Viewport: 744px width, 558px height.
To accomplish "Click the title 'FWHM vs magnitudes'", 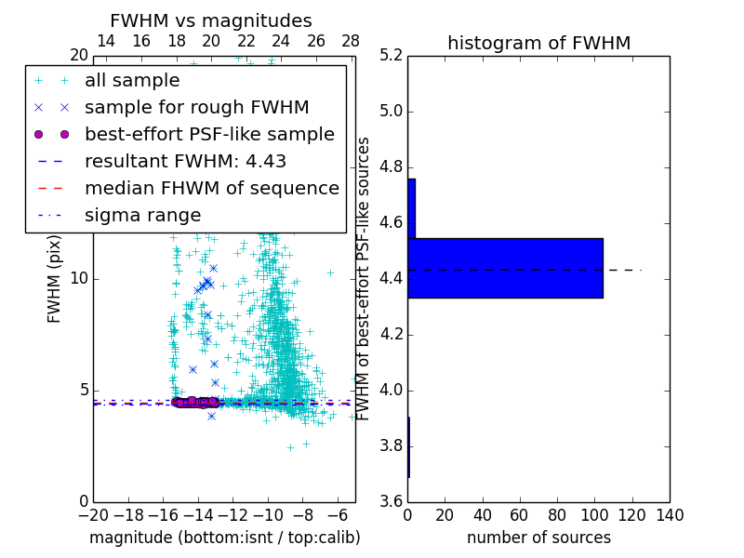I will click(x=211, y=20).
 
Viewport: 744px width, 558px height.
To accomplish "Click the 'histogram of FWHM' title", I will click(x=538, y=43).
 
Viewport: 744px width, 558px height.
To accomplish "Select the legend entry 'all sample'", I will click(x=132, y=81).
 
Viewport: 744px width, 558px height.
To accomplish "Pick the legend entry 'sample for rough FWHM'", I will click(x=196, y=107).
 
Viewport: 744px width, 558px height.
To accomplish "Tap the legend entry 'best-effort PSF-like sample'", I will click(x=209, y=134).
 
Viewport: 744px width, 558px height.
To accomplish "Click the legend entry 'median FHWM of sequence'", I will click(x=211, y=188).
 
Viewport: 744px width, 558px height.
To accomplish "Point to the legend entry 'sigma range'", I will click(x=142, y=215).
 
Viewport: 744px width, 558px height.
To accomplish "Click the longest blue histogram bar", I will click(x=505, y=268).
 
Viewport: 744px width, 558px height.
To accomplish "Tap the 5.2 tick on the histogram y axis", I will click(x=392, y=56).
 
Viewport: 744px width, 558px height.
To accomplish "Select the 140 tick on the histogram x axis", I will click(x=670, y=515).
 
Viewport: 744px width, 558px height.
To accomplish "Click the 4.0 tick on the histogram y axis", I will click(x=392, y=390).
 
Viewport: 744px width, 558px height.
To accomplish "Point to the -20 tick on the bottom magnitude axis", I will click(x=93, y=515).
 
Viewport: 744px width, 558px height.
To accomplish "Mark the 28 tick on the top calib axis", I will click(x=351, y=41).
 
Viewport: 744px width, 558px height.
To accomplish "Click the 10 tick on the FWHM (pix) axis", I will click(x=80, y=279).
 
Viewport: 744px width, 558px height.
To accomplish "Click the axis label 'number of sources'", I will click(x=538, y=538).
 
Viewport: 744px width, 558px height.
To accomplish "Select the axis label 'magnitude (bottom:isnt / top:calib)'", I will click(x=224, y=538).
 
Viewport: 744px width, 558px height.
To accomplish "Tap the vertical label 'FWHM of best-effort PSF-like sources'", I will click(x=364, y=278).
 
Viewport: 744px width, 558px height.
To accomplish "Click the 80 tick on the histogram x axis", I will click(x=557, y=515).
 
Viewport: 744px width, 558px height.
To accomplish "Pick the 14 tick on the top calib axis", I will click(x=106, y=41).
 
